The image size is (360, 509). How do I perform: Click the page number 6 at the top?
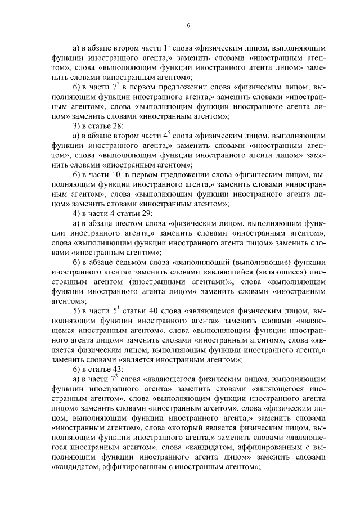point(188,25)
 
